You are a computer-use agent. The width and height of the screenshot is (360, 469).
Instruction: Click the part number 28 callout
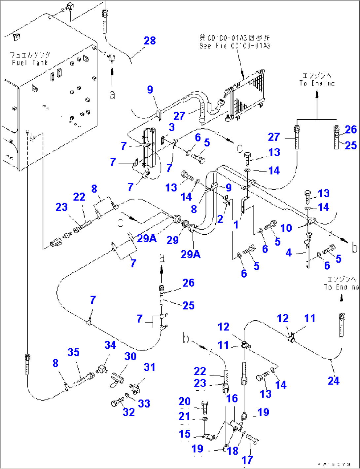(150, 41)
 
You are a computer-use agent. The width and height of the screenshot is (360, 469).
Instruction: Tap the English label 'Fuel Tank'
(30, 62)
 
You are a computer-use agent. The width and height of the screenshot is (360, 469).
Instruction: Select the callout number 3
(172, 127)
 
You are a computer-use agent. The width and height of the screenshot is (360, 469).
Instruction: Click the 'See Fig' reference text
(234, 46)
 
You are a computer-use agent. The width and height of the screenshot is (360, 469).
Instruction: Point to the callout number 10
(286, 228)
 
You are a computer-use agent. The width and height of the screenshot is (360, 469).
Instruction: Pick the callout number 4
(289, 253)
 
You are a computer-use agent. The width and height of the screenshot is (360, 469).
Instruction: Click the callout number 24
(333, 381)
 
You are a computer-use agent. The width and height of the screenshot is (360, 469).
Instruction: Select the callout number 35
(73, 352)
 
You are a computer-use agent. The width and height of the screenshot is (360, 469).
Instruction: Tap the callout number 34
(110, 345)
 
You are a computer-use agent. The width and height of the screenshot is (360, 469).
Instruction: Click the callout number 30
(130, 356)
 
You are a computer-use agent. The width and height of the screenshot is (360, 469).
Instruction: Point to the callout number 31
(150, 367)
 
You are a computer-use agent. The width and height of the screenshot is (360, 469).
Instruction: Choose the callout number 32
(129, 412)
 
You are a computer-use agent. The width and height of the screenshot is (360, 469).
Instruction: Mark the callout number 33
(144, 404)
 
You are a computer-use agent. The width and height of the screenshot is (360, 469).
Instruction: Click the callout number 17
(247, 460)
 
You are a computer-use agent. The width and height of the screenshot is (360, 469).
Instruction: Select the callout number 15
(185, 434)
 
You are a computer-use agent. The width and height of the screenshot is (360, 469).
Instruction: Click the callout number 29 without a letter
(172, 240)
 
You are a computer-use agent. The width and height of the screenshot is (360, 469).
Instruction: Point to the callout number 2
(220, 219)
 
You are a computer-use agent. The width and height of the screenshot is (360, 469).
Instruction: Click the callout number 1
(236, 225)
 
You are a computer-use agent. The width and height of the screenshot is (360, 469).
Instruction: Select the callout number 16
(232, 399)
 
